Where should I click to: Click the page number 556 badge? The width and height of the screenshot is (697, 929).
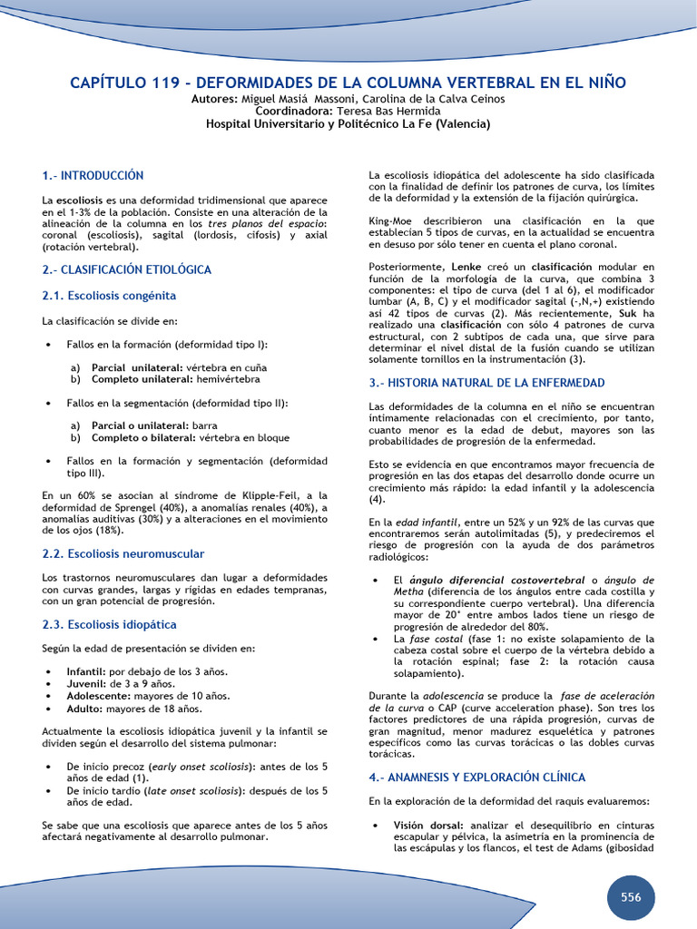[x=631, y=897]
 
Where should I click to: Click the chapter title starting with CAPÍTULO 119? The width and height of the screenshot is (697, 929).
[x=348, y=83]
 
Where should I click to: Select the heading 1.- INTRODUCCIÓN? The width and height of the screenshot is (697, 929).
[x=93, y=175]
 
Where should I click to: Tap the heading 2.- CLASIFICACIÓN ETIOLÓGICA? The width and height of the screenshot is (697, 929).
[x=126, y=269]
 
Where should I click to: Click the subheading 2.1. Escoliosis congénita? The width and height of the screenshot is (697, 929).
[x=109, y=296]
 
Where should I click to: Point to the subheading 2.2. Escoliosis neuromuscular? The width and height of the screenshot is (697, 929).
[x=123, y=553]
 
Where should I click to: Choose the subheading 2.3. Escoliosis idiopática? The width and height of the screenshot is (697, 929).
[x=109, y=625]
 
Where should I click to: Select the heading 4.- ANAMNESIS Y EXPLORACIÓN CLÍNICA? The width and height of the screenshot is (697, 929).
[x=476, y=777]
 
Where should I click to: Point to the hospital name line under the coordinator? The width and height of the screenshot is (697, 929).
[x=348, y=123]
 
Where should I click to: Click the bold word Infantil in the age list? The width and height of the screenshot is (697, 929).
[x=86, y=671]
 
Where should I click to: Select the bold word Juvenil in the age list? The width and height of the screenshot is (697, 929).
[x=85, y=683]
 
